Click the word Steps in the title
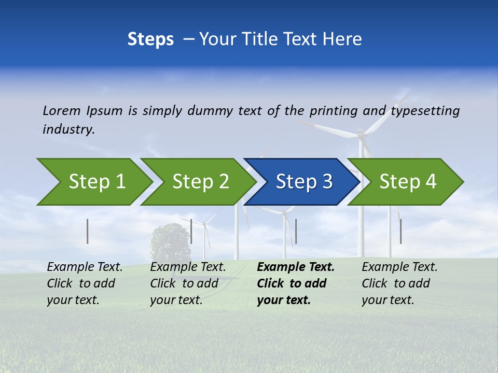click(x=150, y=39)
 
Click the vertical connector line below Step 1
click(x=88, y=231)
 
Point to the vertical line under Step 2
click(x=191, y=231)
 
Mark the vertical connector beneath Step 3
click(x=296, y=231)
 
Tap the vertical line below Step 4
click(x=400, y=231)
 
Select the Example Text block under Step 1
click(x=85, y=283)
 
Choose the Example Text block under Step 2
click(x=188, y=283)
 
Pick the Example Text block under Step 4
click(x=399, y=283)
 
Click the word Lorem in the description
click(x=62, y=111)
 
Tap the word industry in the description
click(x=68, y=130)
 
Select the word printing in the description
click(x=334, y=111)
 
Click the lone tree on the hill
click(x=170, y=241)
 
